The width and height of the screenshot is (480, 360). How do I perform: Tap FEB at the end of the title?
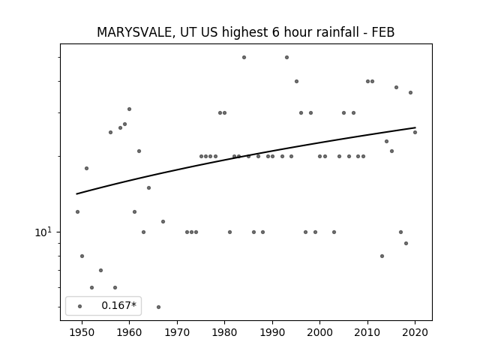coord(383,32)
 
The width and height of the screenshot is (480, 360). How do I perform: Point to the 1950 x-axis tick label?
coord(82,332)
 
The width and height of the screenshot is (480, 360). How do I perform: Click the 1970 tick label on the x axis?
coord(177,332)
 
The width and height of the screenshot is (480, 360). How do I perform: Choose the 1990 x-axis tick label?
coord(272,332)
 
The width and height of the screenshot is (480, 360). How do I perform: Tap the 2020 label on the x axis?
coord(415,332)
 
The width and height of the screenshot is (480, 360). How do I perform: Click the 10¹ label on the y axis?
coord(43,232)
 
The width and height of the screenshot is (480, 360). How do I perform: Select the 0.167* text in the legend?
coord(118,305)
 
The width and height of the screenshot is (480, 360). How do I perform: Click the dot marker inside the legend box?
coord(80,307)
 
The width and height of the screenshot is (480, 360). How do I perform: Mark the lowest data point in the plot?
coord(158,307)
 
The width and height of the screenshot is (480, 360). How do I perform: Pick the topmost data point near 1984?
coord(244,57)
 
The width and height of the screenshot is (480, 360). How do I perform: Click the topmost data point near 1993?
coord(286,57)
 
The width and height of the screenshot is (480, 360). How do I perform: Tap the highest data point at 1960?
coord(129,109)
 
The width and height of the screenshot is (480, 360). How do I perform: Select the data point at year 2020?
coord(415,132)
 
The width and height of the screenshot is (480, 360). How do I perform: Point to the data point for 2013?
coord(382,256)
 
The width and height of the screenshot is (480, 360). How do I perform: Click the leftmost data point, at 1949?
coord(77,211)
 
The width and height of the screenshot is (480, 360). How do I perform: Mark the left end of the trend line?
coord(76,193)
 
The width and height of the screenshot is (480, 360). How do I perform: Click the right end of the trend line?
coord(415,127)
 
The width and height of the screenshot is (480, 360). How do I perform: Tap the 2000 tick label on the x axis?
coord(320,332)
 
